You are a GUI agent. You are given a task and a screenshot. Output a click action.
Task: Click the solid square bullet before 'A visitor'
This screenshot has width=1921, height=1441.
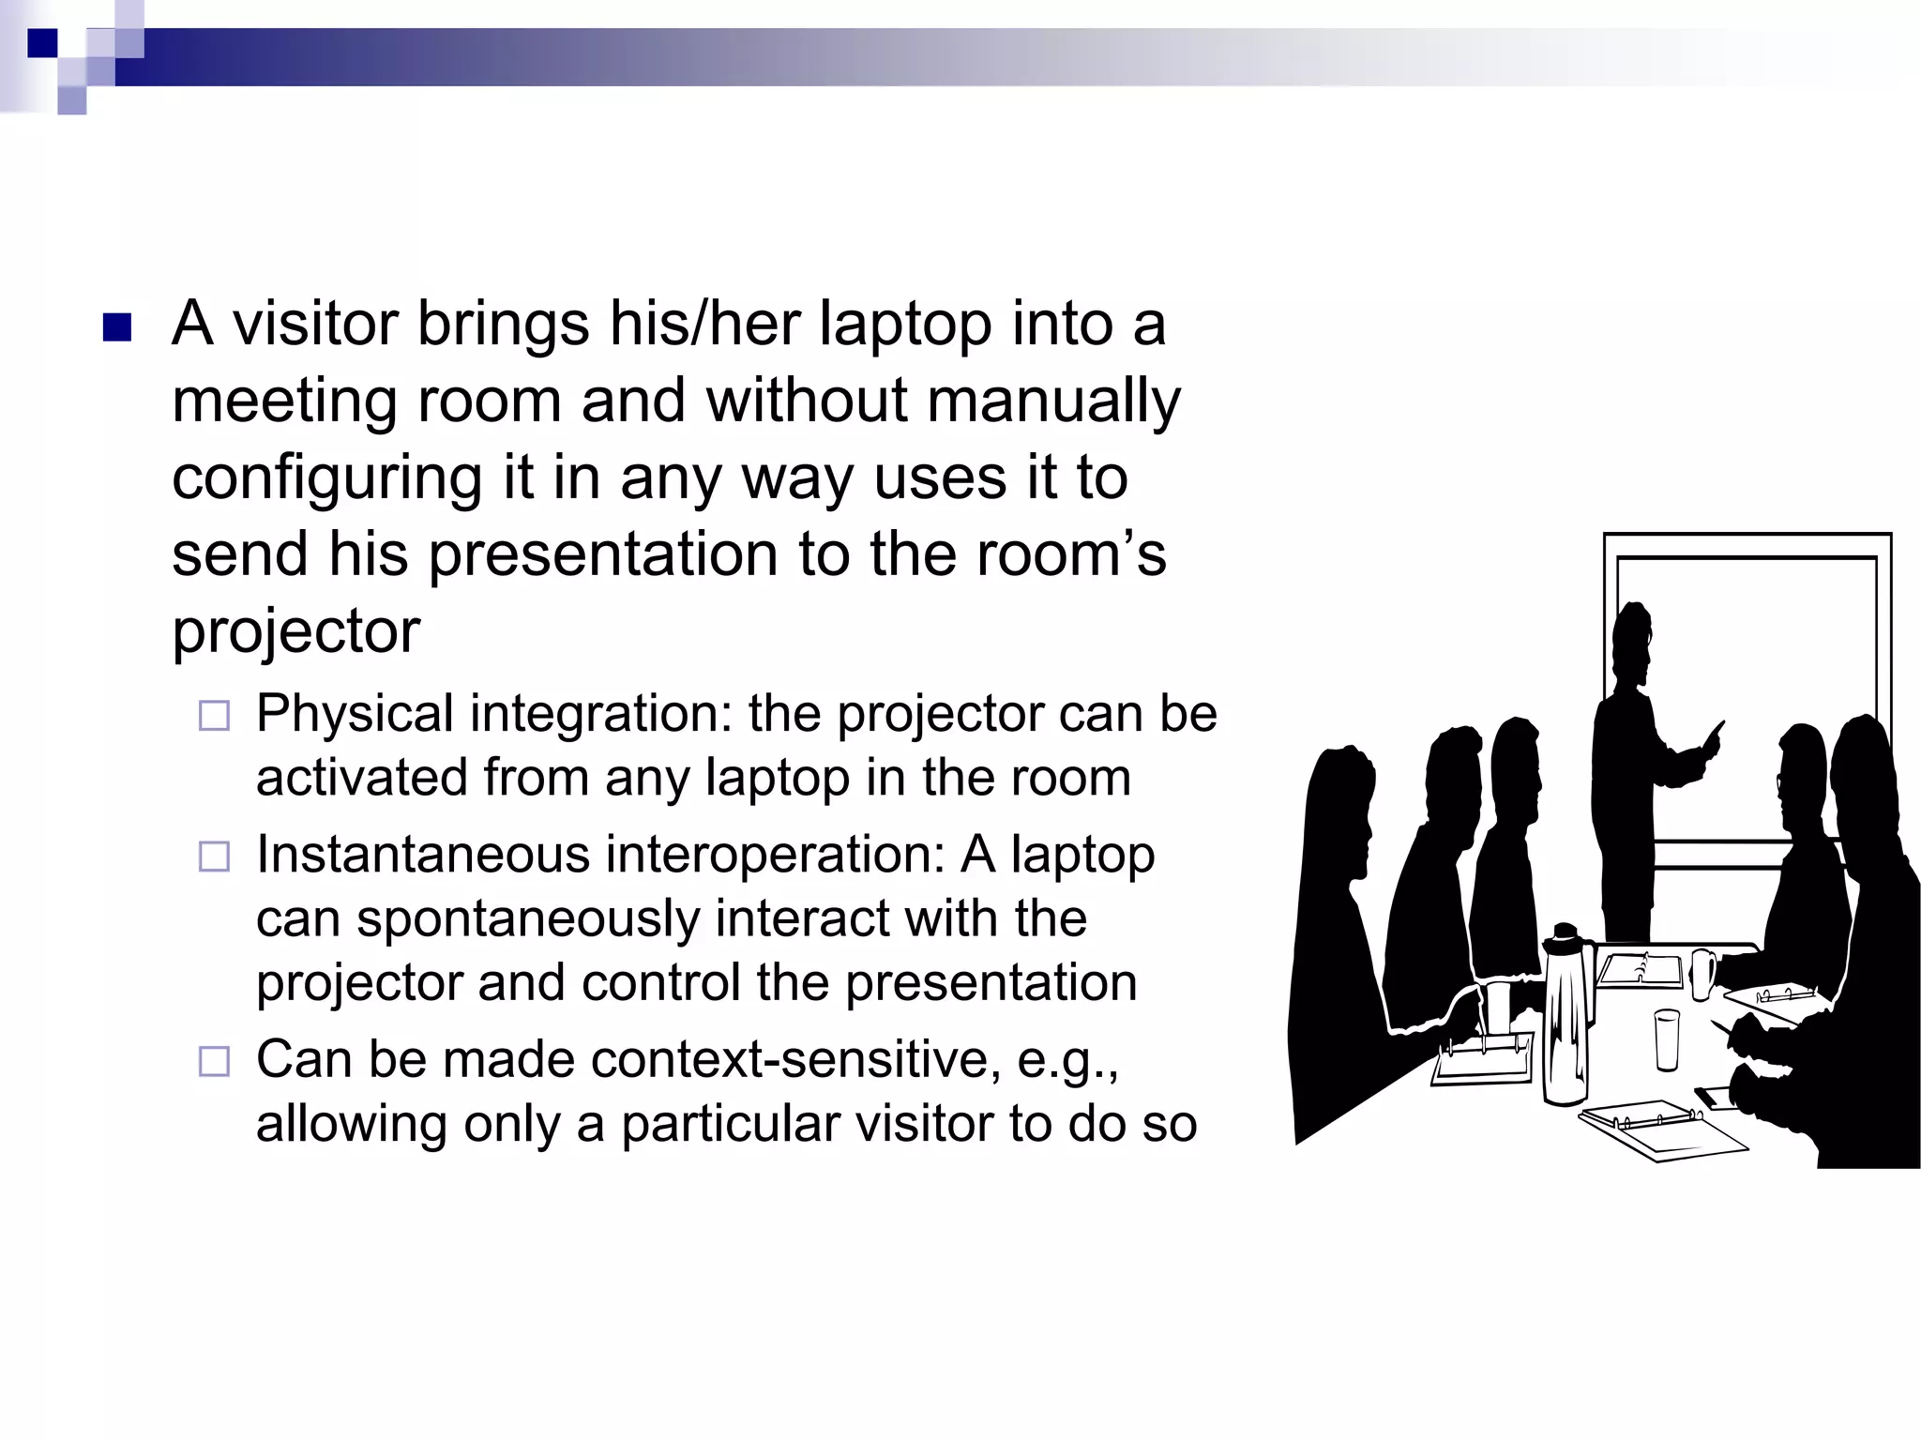pyautogui.click(x=116, y=327)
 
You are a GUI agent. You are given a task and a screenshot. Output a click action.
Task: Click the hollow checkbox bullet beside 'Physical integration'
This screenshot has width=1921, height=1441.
pyautogui.click(x=214, y=717)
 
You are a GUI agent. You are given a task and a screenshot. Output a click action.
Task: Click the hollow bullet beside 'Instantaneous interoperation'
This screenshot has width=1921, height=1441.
pyautogui.click(x=214, y=857)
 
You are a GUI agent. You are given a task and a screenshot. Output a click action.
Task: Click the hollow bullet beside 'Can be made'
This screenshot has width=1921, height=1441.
pyautogui.click(x=214, y=1062)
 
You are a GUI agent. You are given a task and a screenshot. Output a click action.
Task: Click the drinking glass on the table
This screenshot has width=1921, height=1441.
pyautogui.click(x=1667, y=1039)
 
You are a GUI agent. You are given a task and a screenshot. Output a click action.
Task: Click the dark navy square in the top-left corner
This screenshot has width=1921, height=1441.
pyautogui.click(x=42, y=43)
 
